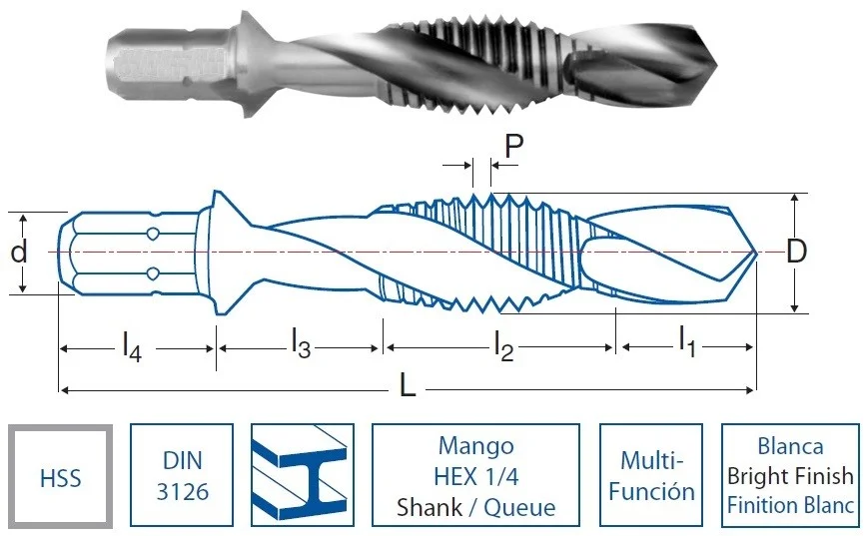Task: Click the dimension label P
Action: (x=514, y=146)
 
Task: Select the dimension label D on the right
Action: (x=796, y=252)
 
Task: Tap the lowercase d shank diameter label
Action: (x=18, y=252)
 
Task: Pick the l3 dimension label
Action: (x=302, y=343)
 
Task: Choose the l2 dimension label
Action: (x=504, y=346)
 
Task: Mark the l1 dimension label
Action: (x=687, y=341)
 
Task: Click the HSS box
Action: (x=61, y=476)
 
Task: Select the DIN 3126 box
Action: (x=182, y=475)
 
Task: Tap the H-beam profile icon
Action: (x=303, y=475)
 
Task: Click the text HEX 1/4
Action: (x=476, y=476)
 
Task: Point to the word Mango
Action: (x=476, y=446)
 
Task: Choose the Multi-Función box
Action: (x=651, y=475)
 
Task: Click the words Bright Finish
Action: (x=790, y=476)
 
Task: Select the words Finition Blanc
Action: (x=790, y=505)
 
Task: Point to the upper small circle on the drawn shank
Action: (x=153, y=234)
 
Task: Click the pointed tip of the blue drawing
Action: (x=755, y=253)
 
